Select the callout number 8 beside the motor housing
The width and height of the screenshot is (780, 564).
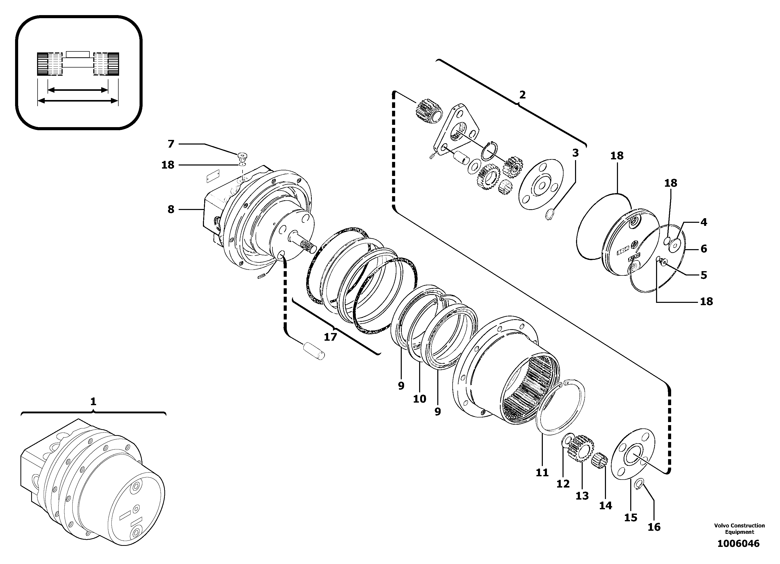point(171,209)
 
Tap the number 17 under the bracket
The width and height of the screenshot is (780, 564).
point(330,337)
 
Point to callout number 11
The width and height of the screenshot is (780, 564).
point(542,473)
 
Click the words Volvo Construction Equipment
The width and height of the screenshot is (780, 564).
point(739,528)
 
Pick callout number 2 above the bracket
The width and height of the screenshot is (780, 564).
point(522,95)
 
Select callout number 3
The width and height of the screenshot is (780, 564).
point(575,153)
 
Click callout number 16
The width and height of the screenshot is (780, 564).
point(654,527)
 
